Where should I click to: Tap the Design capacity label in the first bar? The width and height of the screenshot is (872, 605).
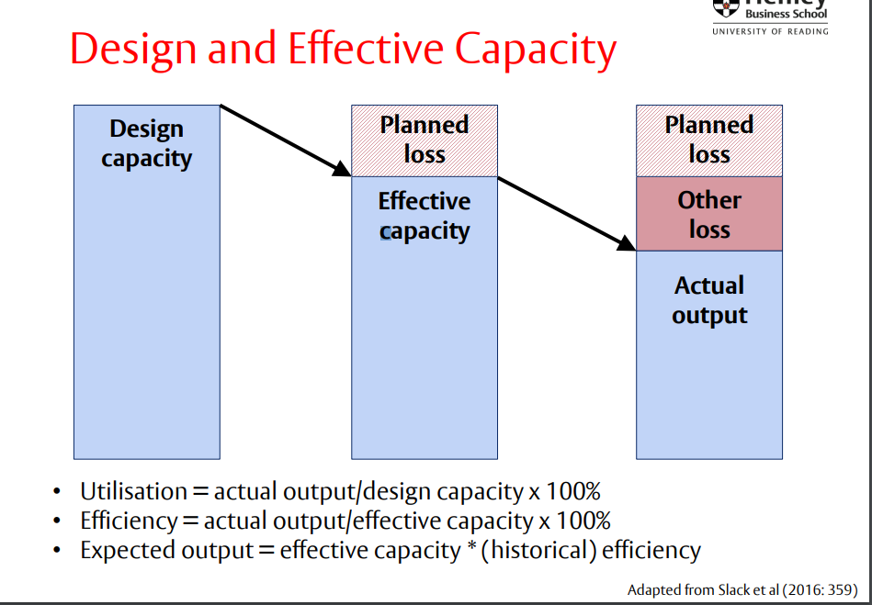(146, 143)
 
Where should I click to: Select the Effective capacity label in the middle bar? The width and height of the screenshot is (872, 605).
(425, 216)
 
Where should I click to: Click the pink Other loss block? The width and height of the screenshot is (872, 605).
(709, 214)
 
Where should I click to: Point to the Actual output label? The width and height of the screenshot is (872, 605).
(709, 300)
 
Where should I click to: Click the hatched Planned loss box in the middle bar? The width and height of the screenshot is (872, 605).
(425, 140)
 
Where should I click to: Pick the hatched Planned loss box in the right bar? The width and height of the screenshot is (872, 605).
(709, 140)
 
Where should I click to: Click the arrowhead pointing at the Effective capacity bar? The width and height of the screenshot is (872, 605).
(343, 169)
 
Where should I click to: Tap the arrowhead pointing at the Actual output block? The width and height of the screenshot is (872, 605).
(628, 243)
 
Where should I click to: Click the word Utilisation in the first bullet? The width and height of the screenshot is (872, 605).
(133, 491)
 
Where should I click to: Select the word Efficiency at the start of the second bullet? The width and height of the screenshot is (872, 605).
(128, 521)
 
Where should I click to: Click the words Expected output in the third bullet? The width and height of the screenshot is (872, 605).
(165, 550)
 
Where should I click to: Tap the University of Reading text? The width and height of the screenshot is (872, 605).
(770, 31)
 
